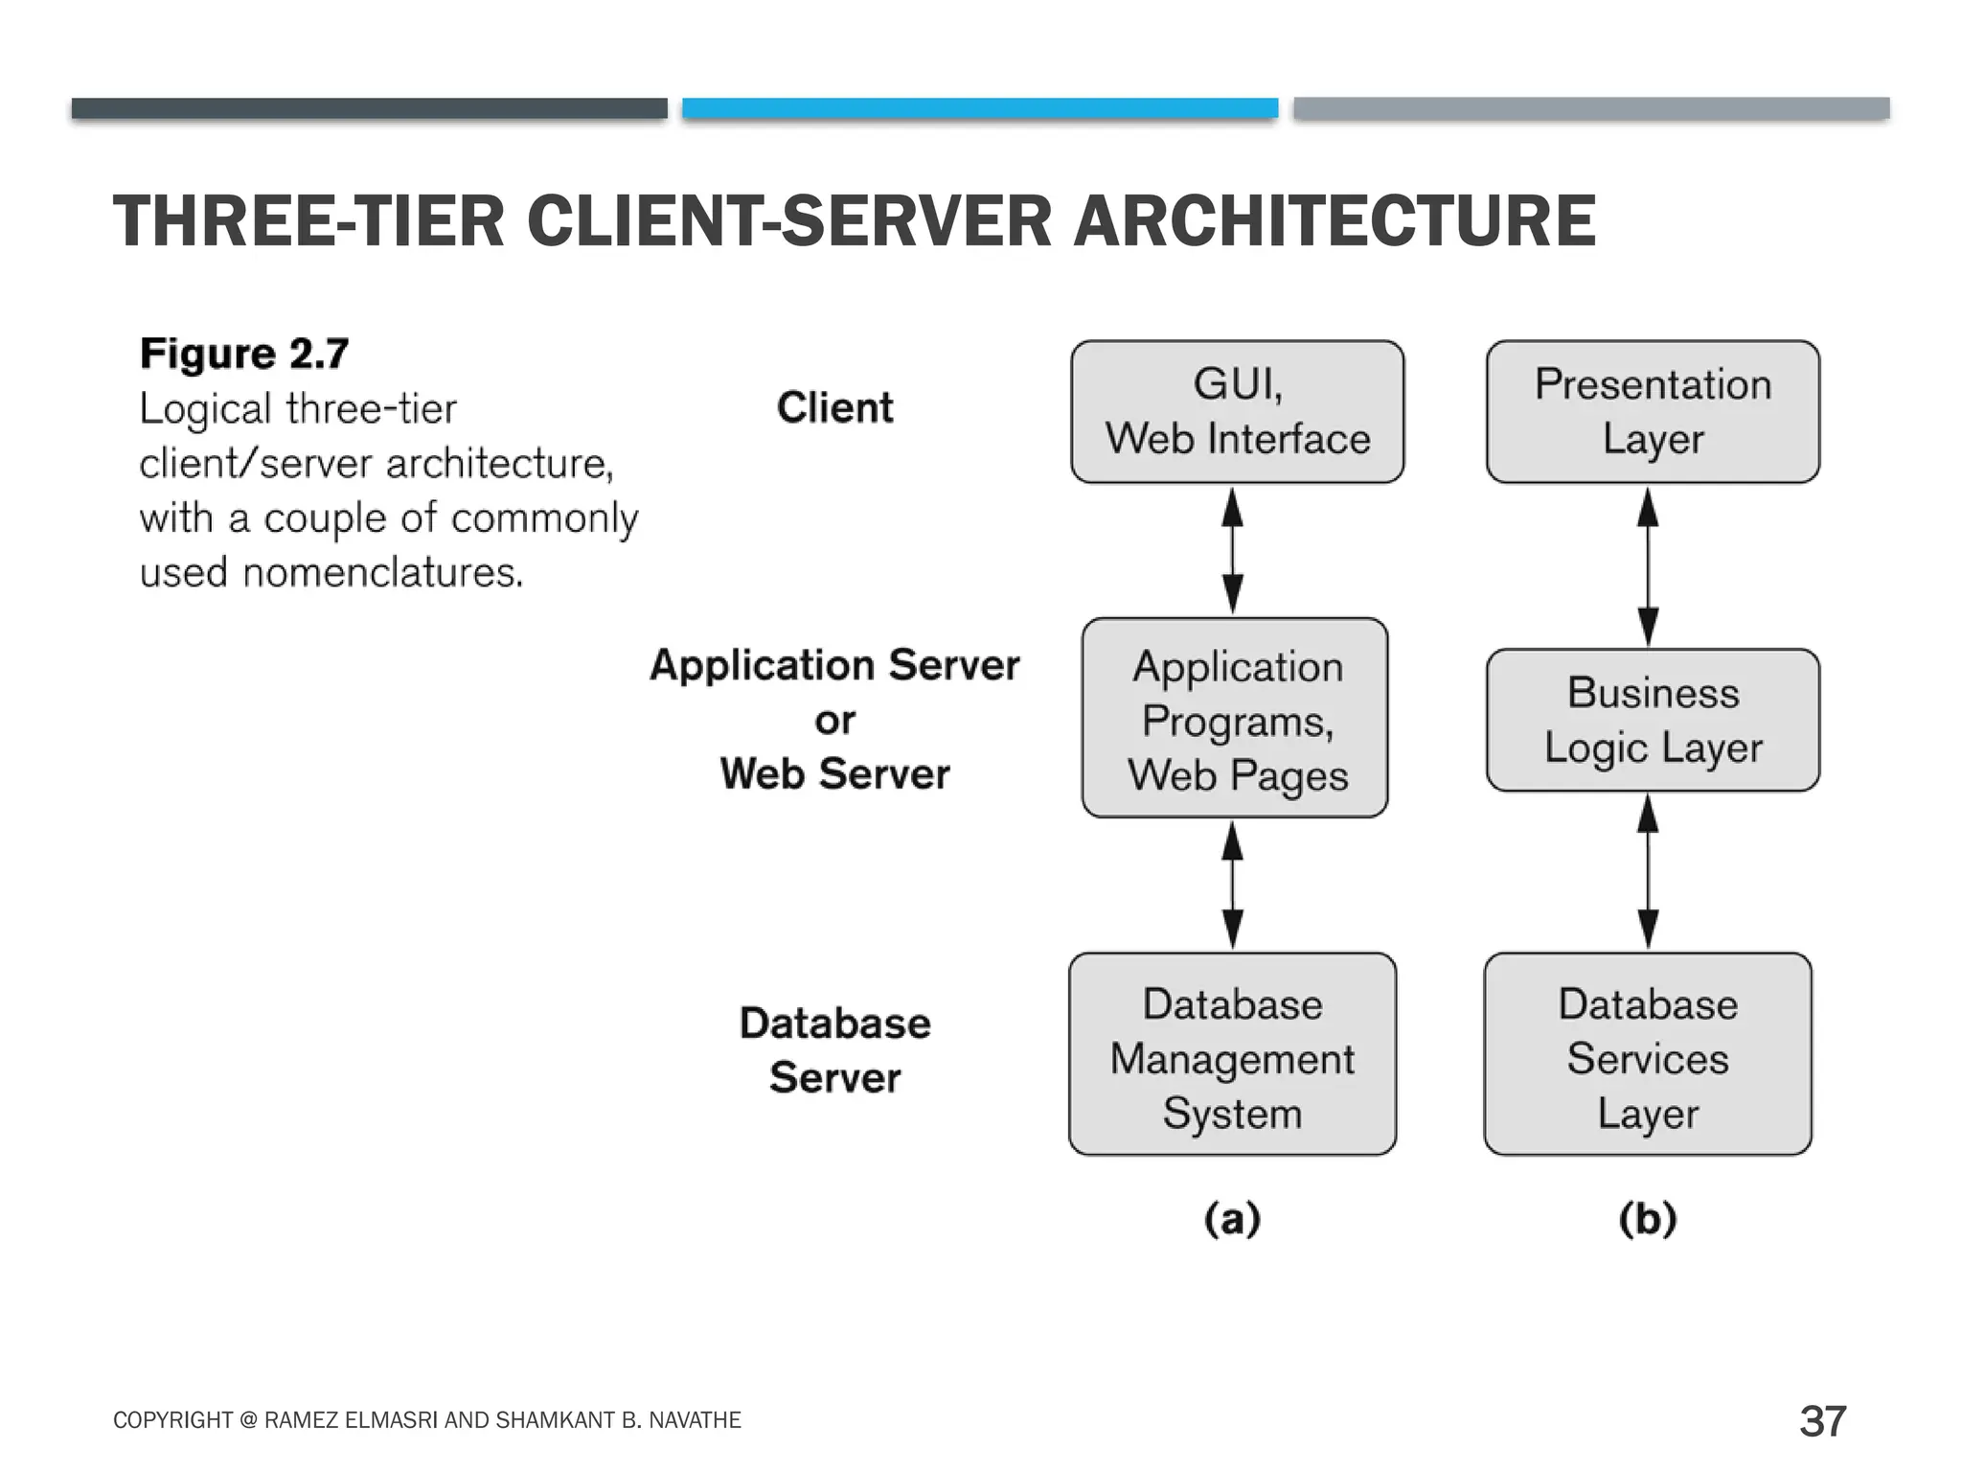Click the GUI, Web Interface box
pyautogui.click(x=1237, y=412)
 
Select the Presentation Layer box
pyautogui.click(x=1653, y=412)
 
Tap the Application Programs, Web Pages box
pyautogui.click(x=1235, y=719)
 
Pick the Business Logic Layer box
pyautogui.click(x=1653, y=721)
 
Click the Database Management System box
pyautogui.click(x=1232, y=1054)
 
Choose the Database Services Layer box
pyautogui.click(x=1648, y=1054)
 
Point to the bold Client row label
pyautogui.click(x=834, y=408)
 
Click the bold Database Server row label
pyautogui.click(x=834, y=1050)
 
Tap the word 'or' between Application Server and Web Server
pyautogui.click(x=834, y=721)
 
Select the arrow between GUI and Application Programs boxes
pyautogui.click(x=1233, y=551)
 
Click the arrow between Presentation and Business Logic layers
pyautogui.click(x=1648, y=565)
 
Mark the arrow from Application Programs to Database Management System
pyautogui.click(x=1233, y=885)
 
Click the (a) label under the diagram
pyautogui.click(x=1232, y=1219)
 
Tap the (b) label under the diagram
pyautogui.click(x=1648, y=1219)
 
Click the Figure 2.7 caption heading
pyautogui.click(x=244, y=354)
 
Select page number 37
pyautogui.click(x=1822, y=1421)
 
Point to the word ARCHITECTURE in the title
pyautogui.click(x=1334, y=221)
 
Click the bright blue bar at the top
pyautogui.click(x=979, y=108)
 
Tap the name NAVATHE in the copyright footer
pyautogui.click(x=695, y=1420)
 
